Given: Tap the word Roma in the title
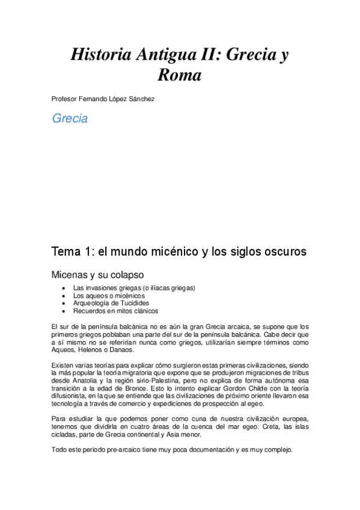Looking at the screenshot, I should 179,76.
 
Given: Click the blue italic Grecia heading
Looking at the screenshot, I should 70,118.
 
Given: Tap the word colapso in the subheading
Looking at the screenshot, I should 126,275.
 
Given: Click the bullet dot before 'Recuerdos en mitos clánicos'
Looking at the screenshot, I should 64,311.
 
